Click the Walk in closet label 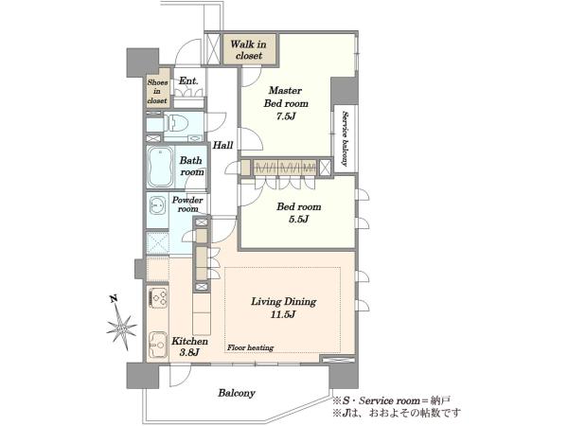(248, 49)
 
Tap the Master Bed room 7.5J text (286, 103)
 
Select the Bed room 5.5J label (299, 213)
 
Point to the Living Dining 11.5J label (284, 308)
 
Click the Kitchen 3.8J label (190, 346)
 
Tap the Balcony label (237, 393)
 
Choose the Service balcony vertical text (345, 139)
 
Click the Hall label (222, 145)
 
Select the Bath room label (191, 166)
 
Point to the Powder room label (187, 204)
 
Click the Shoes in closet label (157, 92)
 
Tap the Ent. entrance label (188, 80)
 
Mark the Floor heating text (250, 347)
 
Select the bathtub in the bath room (159, 167)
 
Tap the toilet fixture (176, 123)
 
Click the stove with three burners (158, 297)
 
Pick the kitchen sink (157, 345)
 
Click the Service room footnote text (392, 401)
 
